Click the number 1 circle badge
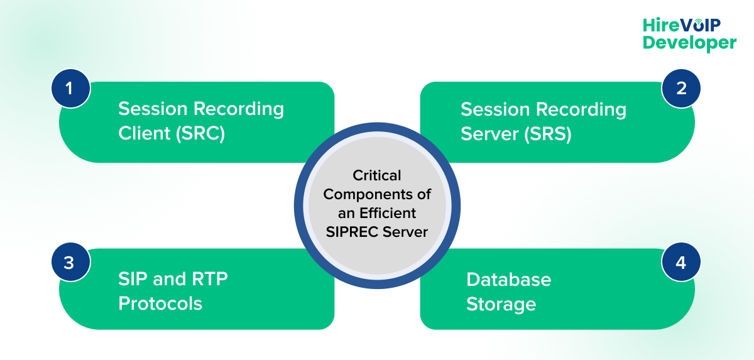click(x=69, y=88)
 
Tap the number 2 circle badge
click(x=681, y=88)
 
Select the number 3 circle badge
click(x=69, y=263)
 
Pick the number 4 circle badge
click(x=681, y=263)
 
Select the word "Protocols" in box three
click(x=160, y=303)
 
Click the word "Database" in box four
click(x=508, y=279)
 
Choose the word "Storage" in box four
click(x=501, y=304)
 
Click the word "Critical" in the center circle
click(x=376, y=175)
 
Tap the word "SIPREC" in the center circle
click(x=352, y=232)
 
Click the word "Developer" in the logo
click(x=689, y=43)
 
